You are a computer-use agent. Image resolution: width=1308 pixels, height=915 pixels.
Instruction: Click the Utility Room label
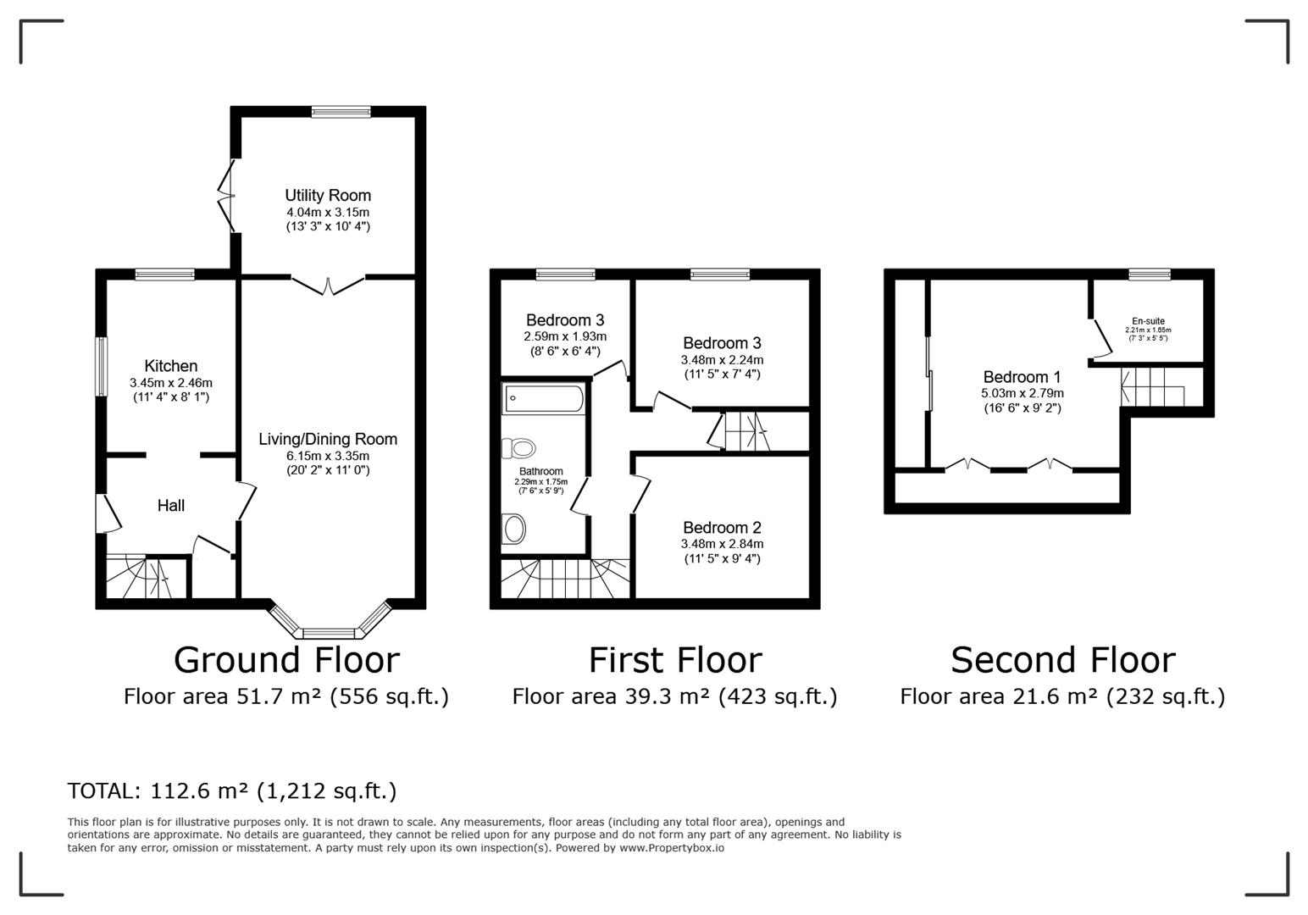pos(328,195)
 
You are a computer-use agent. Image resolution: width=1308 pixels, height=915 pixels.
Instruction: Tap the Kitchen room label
pos(170,365)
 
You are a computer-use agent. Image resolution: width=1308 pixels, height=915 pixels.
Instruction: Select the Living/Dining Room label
pos(328,439)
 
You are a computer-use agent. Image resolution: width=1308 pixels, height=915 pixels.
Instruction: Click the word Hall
pos(170,505)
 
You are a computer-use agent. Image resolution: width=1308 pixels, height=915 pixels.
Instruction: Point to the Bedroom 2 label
pos(722,527)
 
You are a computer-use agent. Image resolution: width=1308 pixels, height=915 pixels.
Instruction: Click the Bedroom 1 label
pos(1022,377)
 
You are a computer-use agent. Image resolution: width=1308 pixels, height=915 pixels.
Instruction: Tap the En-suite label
pos(1148,320)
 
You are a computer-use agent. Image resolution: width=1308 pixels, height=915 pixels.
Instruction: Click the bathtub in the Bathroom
pos(543,399)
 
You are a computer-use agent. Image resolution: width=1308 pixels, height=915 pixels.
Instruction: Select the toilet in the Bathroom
pos(518,448)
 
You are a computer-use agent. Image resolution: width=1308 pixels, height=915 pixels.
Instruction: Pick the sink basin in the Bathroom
pos(514,529)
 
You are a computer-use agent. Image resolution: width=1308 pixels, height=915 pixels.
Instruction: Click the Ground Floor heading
pos(286,661)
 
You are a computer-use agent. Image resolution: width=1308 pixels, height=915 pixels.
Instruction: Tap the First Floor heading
pos(675,661)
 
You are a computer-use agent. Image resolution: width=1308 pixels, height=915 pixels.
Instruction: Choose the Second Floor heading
pos(1062,661)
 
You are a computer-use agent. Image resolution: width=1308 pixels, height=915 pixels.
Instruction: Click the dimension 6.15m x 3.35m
pos(328,456)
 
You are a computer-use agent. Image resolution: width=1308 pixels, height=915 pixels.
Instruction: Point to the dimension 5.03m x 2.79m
pos(1022,393)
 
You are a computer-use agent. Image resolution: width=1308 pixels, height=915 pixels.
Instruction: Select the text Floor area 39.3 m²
pos(612,696)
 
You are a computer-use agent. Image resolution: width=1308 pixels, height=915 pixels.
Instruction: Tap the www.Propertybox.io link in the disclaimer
pos(672,848)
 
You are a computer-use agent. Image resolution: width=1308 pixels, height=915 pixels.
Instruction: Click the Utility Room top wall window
pos(341,112)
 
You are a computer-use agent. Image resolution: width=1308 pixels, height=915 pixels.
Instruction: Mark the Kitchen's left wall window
pos(102,367)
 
